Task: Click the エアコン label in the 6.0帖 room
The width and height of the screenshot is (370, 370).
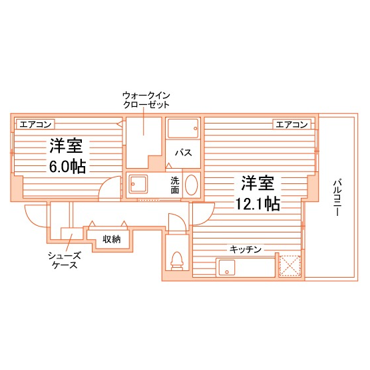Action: point(35,124)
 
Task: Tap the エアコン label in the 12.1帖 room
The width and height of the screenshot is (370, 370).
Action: point(291,124)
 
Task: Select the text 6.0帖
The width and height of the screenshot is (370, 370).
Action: point(67,166)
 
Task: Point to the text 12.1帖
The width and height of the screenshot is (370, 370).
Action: point(257,203)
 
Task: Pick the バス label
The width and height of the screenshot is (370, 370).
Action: point(183,152)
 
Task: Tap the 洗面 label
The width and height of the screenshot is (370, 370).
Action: point(174,185)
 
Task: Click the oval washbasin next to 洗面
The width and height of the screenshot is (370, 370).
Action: point(191,185)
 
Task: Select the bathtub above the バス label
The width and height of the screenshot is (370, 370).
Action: point(182,128)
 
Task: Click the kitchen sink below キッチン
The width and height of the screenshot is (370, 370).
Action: point(230,268)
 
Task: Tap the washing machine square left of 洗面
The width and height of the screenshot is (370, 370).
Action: point(140,185)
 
